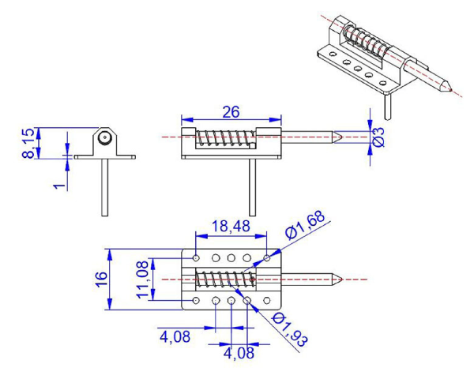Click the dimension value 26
[231, 112]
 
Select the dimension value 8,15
[29, 142]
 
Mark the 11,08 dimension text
[143, 280]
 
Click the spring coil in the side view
[224, 137]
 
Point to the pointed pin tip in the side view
[337, 137]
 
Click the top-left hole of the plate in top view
[196, 257]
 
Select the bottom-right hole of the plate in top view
[267, 300]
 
